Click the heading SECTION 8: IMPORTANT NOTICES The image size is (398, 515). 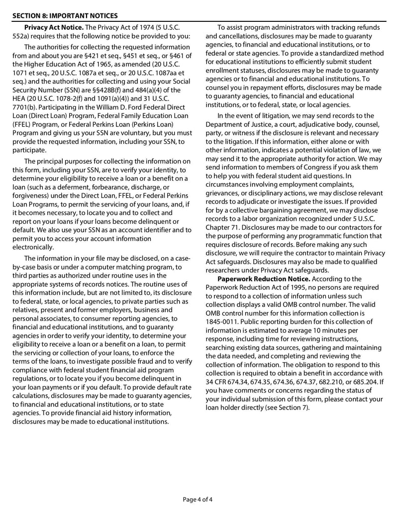pyautogui.click(x=65, y=15)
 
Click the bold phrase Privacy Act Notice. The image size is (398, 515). pyautogui.click(x=54, y=27)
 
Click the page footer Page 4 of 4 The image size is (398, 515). pyautogui.click(x=199, y=500)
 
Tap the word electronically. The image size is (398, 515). pyautogui.click(x=33, y=247)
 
